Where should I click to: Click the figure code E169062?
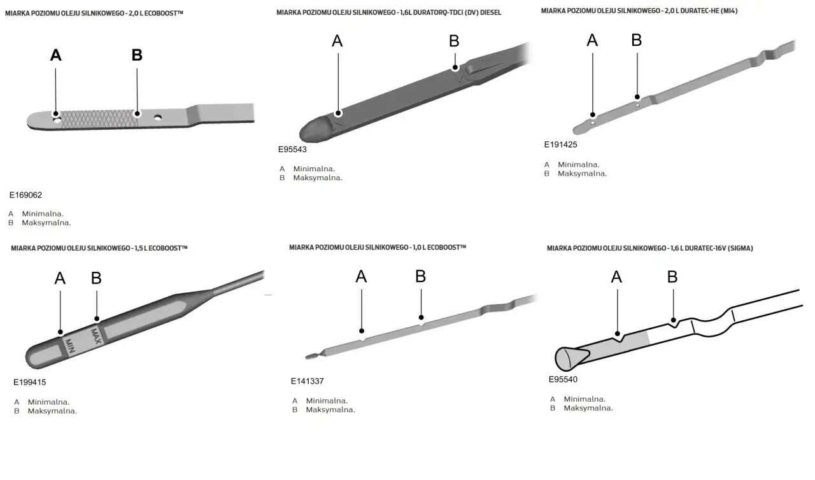point(25,195)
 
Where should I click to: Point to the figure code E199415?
point(30,383)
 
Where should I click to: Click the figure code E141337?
point(308,381)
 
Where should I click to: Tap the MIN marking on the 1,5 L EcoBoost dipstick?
point(70,346)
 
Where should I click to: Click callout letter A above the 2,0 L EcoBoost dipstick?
point(56,55)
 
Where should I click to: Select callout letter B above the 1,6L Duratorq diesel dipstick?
point(454,41)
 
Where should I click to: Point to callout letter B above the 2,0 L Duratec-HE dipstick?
point(637,40)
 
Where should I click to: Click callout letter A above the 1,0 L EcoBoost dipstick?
point(361,276)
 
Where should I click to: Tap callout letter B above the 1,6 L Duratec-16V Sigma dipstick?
point(672,276)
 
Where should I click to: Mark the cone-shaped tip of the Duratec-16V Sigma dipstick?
point(567,358)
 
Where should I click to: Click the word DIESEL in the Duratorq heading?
point(490,13)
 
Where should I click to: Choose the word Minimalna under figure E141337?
point(327,400)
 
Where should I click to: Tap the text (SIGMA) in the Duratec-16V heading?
point(741,248)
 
